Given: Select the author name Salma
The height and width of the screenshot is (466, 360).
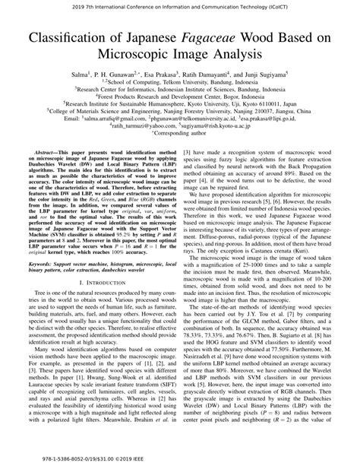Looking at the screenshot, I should click(x=81, y=74).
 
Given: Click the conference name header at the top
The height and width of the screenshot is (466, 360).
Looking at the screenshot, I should click(x=180, y=5).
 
